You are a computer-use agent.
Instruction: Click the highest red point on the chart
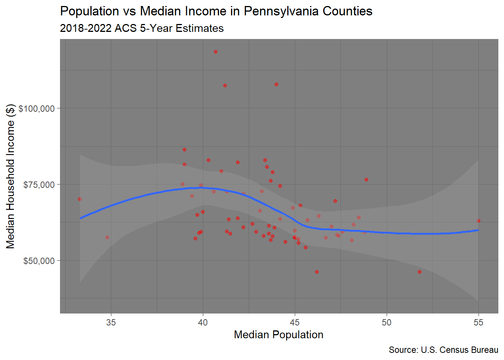216,52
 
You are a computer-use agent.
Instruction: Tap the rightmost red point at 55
478,221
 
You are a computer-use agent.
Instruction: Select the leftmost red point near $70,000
80,199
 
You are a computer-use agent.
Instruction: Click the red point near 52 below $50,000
420,272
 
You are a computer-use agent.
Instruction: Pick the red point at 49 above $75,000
366,180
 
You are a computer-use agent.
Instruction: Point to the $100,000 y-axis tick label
37,109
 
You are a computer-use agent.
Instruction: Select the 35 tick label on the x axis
111,322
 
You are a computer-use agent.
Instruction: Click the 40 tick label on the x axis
203,322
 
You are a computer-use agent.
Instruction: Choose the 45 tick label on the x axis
295,322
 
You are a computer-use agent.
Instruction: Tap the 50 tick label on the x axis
387,322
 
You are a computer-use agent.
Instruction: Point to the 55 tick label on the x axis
478,322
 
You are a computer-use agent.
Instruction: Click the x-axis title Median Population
279,334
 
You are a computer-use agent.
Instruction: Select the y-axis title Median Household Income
10,176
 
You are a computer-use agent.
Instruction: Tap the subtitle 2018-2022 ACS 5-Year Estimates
142,28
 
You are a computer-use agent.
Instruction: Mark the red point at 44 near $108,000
276,84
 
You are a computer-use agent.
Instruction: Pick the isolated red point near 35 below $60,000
107,237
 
